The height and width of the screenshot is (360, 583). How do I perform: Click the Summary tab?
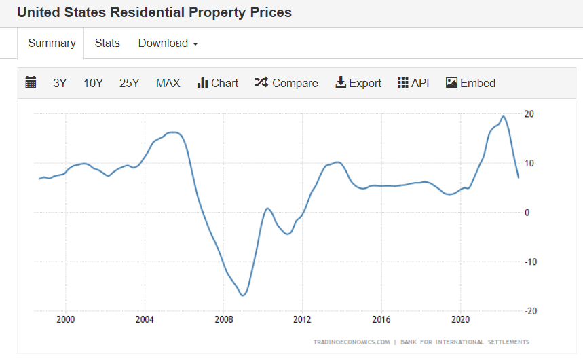pos(52,43)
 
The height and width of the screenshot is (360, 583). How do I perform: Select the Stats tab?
pos(107,43)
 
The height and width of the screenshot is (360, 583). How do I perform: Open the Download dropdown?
pos(168,43)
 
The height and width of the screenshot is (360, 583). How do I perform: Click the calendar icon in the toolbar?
pos(31,83)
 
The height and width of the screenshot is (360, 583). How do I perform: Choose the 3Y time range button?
pos(60,83)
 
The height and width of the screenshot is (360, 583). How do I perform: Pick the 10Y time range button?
pos(93,83)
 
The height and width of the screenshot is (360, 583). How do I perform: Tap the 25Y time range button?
pos(129,83)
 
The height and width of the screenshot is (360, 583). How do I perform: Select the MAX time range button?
pos(168,83)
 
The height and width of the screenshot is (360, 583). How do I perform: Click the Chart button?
pos(218,83)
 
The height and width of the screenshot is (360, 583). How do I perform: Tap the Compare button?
pos(286,83)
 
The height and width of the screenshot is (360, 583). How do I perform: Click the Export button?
pos(358,83)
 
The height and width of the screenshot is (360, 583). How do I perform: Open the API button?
pos(413,83)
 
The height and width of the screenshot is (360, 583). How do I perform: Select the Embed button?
pos(470,83)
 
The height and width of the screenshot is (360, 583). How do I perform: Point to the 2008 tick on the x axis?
pos(224,319)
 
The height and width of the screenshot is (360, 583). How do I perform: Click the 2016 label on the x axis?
pos(382,319)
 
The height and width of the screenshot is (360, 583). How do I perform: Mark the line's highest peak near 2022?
pos(502,116)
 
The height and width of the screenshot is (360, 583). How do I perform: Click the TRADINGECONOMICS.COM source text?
pos(351,342)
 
